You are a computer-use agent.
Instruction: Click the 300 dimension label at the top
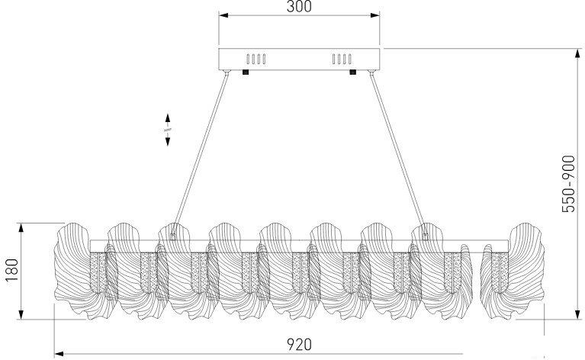[x=299, y=6]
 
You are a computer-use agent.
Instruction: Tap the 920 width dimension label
[x=299, y=344]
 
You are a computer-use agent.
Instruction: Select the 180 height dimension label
[x=11, y=270]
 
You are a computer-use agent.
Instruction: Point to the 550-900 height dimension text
[x=568, y=184]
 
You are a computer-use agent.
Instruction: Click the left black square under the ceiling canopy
[x=245, y=72]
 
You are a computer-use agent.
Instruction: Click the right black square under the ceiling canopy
[x=352, y=72]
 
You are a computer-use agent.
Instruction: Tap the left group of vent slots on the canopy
[x=256, y=59]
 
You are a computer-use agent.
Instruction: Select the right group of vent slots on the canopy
[x=342, y=59]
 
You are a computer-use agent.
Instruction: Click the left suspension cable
[x=200, y=153]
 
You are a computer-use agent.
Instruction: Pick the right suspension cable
[x=397, y=153]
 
